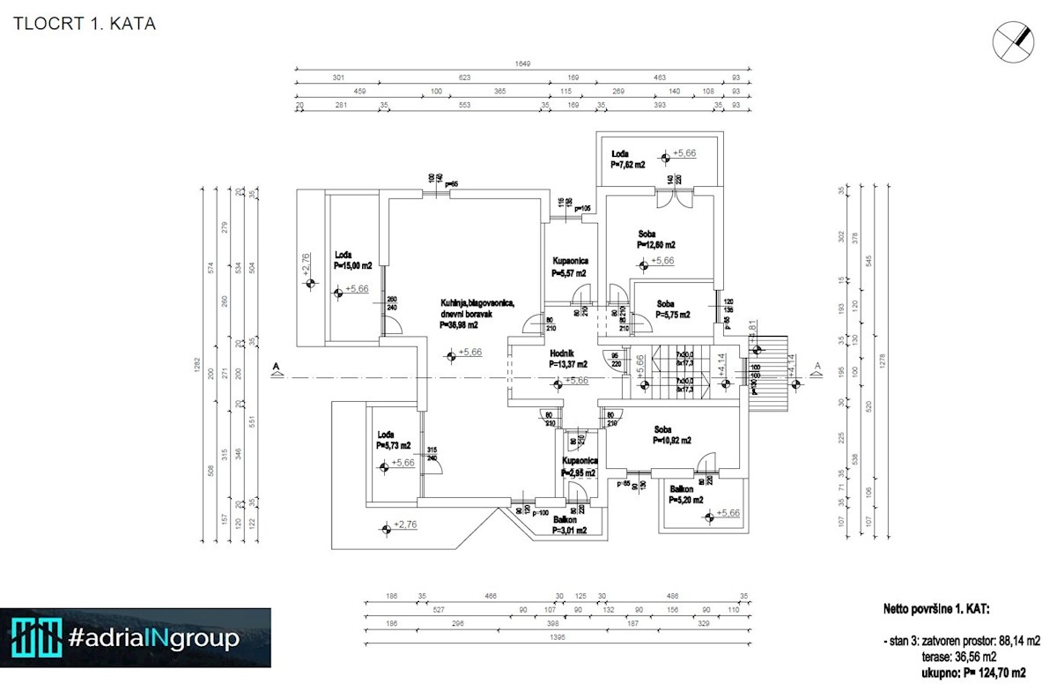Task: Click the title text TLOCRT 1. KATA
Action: coord(85,24)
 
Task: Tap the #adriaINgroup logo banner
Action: coord(136,637)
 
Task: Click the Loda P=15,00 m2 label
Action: coord(352,260)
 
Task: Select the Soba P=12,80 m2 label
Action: coord(657,240)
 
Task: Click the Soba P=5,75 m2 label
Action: coord(673,309)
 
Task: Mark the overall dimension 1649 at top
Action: coord(524,63)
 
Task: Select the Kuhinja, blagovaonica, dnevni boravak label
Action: coord(477,314)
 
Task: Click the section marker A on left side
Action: coord(277,368)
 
